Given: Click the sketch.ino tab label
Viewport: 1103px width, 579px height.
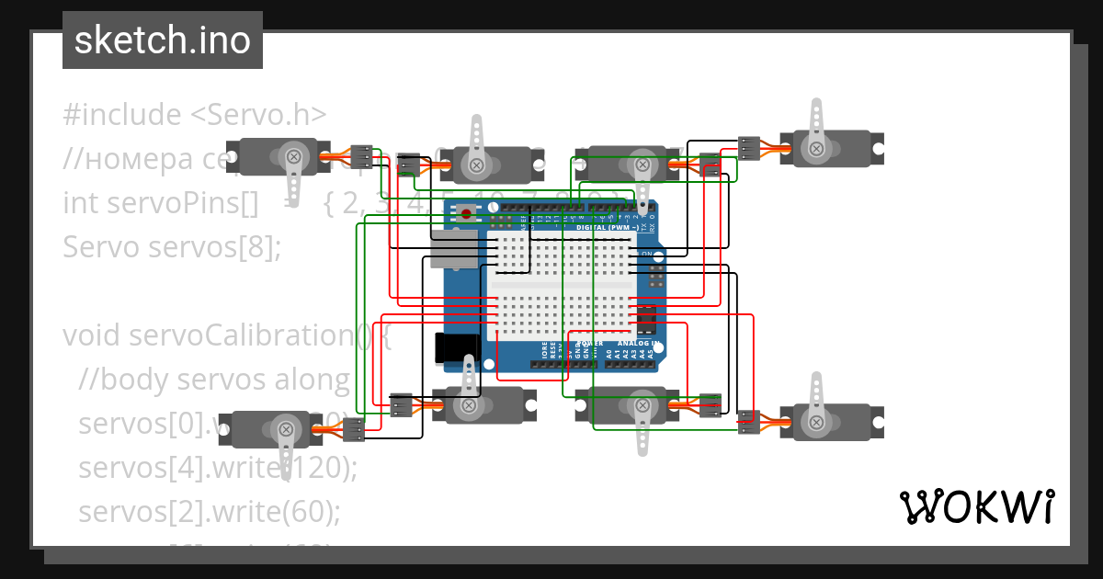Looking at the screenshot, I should pyautogui.click(x=163, y=40).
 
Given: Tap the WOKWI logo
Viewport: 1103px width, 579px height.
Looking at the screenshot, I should pyautogui.click(x=976, y=506).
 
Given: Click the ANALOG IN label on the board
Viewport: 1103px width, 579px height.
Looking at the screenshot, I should pyautogui.click(x=638, y=344).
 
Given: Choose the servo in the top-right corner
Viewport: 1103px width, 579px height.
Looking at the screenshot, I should pyautogui.click(x=832, y=147).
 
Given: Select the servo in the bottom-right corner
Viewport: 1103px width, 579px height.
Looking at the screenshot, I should pyautogui.click(x=832, y=420).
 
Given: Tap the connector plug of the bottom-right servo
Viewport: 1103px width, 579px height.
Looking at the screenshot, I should pyautogui.click(x=749, y=421).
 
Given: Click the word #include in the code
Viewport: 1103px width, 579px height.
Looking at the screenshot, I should pyautogui.click(x=122, y=115).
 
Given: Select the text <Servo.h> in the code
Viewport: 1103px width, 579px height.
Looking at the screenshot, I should pyautogui.click(x=258, y=115).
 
